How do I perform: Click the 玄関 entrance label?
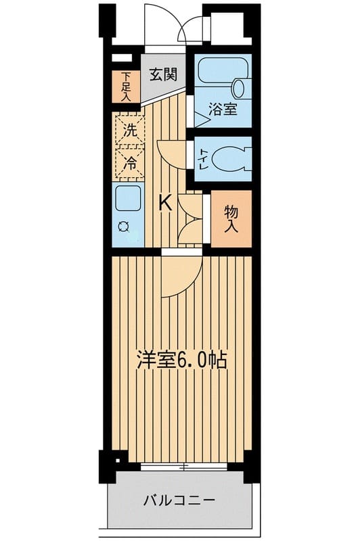[x=163, y=74]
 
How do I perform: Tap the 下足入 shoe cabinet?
[x=126, y=87]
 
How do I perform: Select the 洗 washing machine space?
[x=130, y=130]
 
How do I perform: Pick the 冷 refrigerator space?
[x=130, y=163]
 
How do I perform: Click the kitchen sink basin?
[x=128, y=198]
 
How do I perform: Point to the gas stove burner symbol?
[x=124, y=227]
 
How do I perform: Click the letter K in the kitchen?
[x=165, y=202]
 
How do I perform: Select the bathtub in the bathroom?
[x=225, y=70]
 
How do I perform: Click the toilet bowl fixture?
[x=231, y=159]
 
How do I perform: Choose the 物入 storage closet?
[x=231, y=218]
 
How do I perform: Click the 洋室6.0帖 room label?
[x=181, y=360]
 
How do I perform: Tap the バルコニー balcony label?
[x=179, y=500]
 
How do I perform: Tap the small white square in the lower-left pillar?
[x=118, y=461]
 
